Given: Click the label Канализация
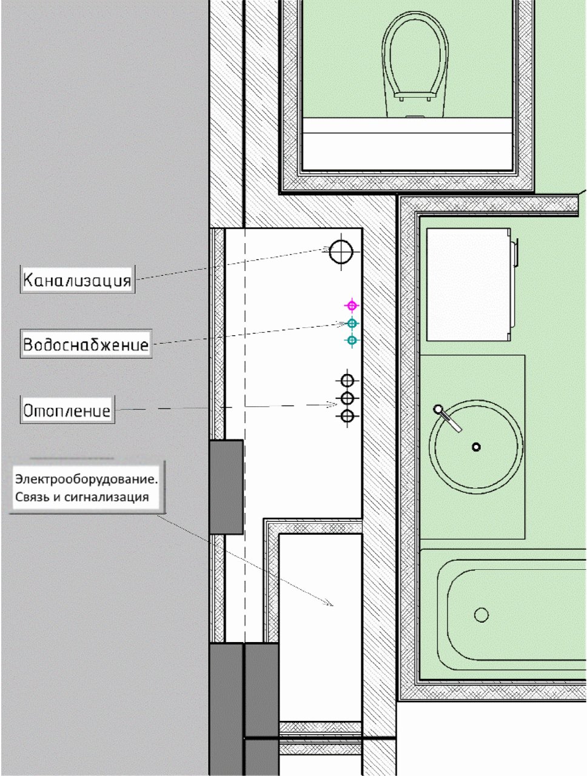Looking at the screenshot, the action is point(77,279).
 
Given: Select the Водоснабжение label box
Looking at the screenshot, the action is point(86,344).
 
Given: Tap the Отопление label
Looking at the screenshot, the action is point(67,410).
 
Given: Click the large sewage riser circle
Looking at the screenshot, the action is point(341,252).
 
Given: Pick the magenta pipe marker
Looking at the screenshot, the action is point(352,306).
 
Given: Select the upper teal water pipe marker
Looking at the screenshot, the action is point(352,323).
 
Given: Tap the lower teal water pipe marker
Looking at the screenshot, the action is point(352,340).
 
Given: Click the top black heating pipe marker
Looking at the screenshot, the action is point(347,381).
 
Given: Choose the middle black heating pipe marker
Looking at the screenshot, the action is point(347,398).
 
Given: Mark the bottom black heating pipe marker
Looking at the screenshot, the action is point(347,416).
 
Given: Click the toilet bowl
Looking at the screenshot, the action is point(415,64).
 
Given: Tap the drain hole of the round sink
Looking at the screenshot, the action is point(476,447).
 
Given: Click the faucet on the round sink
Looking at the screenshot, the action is point(448,418).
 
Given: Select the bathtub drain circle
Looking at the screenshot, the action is point(481,615).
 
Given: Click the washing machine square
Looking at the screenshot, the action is point(469,284).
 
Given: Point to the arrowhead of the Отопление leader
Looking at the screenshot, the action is point(333,404).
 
